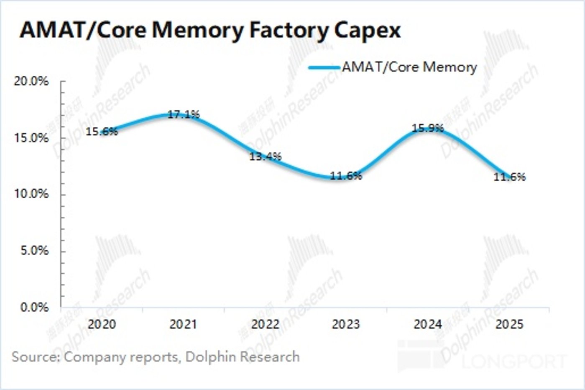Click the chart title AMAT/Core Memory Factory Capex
click(x=210, y=30)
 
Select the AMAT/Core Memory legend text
click(x=409, y=67)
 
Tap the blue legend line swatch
click(x=324, y=67)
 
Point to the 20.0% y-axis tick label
click(x=31, y=81)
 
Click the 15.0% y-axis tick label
click(x=31, y=138)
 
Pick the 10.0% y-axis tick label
click(x=31, y=194)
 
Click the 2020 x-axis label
click(x=102, y=324)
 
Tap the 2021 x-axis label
click(x=183, y=324)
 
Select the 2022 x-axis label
click(x=265, y=324)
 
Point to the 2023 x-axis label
click(x=346, y=324)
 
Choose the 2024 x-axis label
click(x=427, y=324)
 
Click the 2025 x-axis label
click(x=509, y=324)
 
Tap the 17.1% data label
click(x=184, y=114)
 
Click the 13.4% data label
click(x=266, y=157)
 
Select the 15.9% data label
click(x=427, y=128)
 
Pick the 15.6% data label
click(x=102, y=131)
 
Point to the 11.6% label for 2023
click(x=346, y=176)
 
